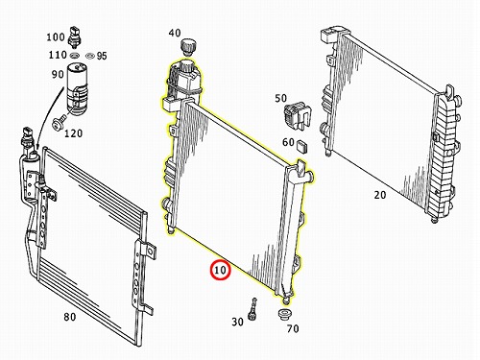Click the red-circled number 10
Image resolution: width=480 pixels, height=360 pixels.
[220, 271]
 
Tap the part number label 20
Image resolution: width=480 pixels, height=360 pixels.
[380, 195]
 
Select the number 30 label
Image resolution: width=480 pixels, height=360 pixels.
[237, 322]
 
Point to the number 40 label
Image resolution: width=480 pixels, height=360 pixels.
[175, 33]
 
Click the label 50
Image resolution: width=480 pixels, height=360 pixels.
[280, 98]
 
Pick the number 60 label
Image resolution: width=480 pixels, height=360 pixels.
[288, 142]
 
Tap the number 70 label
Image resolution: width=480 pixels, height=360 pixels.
[293, 328]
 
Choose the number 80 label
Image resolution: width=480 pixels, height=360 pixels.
[70, 317]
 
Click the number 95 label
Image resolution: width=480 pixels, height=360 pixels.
[102, 56]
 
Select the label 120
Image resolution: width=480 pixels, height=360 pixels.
[73, 133]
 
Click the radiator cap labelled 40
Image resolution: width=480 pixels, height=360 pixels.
[188, 45]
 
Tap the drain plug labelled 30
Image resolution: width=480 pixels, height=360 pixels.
[252, 309]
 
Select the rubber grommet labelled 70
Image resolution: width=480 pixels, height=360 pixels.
[284, 314]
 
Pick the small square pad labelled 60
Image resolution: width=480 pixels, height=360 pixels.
[301, 146]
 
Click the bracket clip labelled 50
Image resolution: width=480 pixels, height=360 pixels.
[298, 116]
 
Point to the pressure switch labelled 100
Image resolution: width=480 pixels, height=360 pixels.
[74, 37]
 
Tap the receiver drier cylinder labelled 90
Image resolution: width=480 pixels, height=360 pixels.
[77, 88]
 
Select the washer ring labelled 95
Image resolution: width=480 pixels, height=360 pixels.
[89, 56]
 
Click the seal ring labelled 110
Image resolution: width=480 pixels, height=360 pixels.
[74, 56]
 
